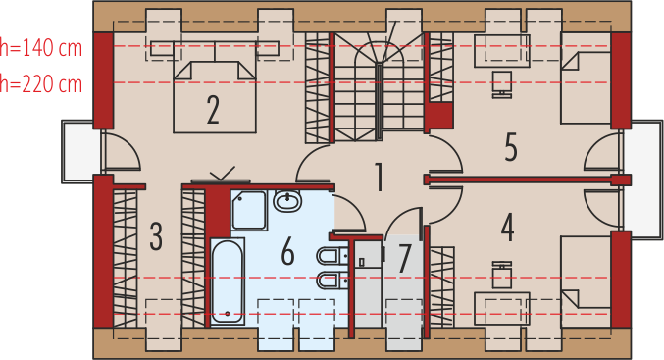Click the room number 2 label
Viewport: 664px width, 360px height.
point(213,110)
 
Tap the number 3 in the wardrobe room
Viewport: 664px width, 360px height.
point(156,236)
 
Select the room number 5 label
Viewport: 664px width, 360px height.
point(511,147)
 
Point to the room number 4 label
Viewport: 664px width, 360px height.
point(507,228)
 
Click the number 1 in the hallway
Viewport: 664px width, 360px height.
point(380,177)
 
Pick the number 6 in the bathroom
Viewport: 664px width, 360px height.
point(288,251)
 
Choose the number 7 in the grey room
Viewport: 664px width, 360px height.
point(404,258)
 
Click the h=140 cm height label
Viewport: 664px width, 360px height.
point(41,48)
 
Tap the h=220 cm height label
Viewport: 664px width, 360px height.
point(41,84)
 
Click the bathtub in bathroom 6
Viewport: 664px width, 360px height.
point(228,282)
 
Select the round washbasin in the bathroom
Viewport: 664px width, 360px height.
point(287,200)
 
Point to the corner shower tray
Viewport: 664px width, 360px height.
point(249,210)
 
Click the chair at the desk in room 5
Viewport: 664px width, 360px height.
point(502,84)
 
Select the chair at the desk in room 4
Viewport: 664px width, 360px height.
point(502,275)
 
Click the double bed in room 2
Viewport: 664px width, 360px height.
point(215,96)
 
